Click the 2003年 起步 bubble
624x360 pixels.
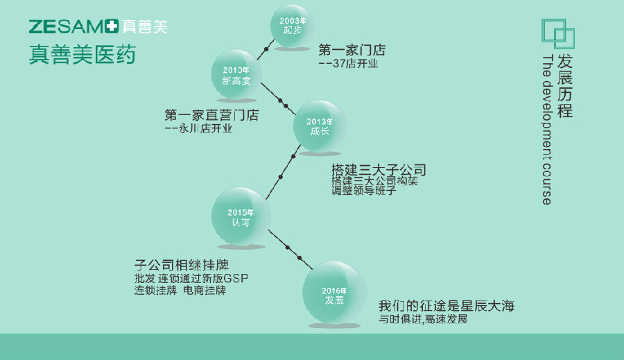(293, 26)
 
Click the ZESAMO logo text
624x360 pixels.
(68, 27)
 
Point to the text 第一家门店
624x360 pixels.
(352, 50)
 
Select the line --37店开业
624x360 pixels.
(348, 64)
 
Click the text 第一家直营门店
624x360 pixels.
(211, 115)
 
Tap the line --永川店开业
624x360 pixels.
(198, 128)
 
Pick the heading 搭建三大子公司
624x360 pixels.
(379, 170)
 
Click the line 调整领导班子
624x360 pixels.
(364, 190)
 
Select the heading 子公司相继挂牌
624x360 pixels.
(182, 266)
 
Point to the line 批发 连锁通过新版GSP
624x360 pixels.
(191, 279)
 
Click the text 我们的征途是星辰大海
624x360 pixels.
(447, 306)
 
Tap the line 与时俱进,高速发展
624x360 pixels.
(423, 320)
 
